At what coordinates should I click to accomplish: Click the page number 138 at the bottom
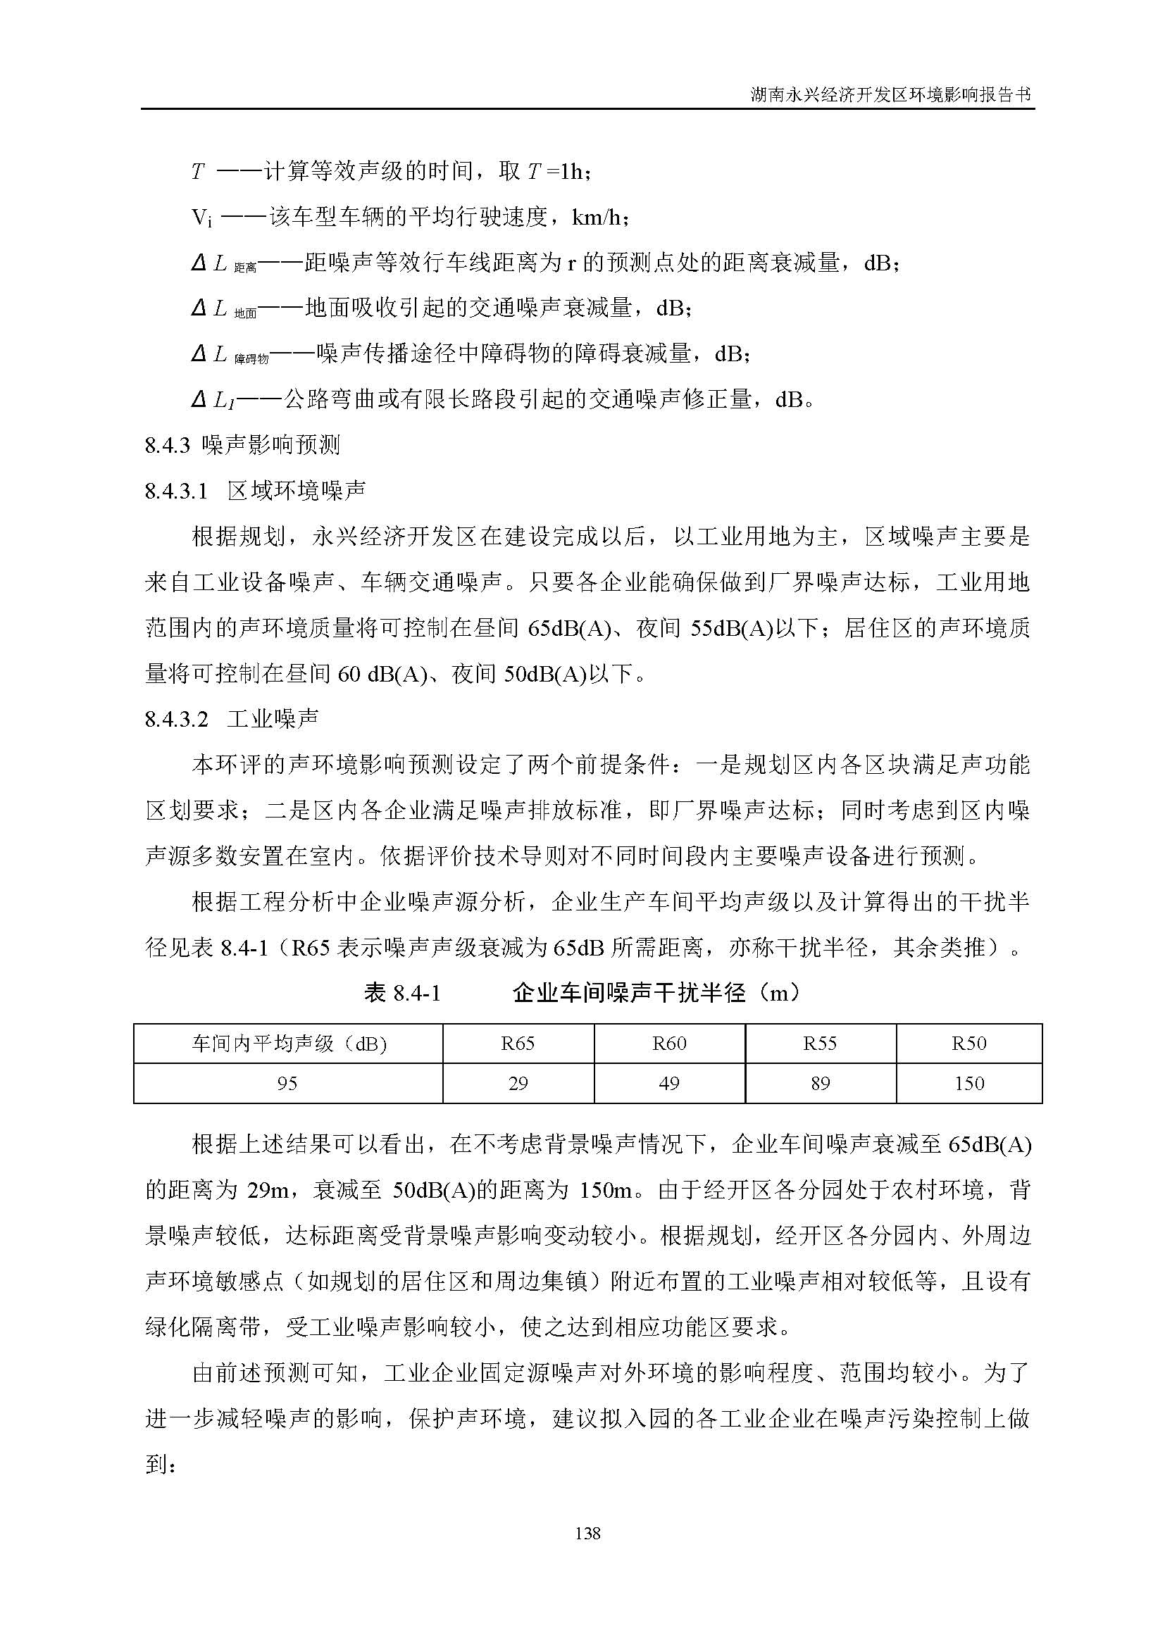[x=587, y=1534]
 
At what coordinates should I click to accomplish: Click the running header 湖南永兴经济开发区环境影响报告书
[x=890, y=94]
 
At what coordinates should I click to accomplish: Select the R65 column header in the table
[x=518, y=1043]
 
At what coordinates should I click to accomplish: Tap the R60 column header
[x=669, y=1043]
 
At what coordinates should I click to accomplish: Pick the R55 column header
[x=820, y=1043]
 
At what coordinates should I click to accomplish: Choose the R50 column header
[x=968, y=1043]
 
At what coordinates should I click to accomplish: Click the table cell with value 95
[x=287, y=1083]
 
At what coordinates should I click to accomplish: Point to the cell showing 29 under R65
[x=518, y=1083]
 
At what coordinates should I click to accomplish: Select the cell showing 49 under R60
[x=669, y=1083]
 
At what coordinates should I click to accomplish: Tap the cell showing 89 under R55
[x=820, y=1083]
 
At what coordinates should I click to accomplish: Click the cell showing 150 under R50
[x=968, y=1083]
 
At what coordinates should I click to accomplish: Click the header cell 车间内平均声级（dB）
[x=288, y=1043]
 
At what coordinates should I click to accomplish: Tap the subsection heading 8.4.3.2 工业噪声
[x=232, y=719]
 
